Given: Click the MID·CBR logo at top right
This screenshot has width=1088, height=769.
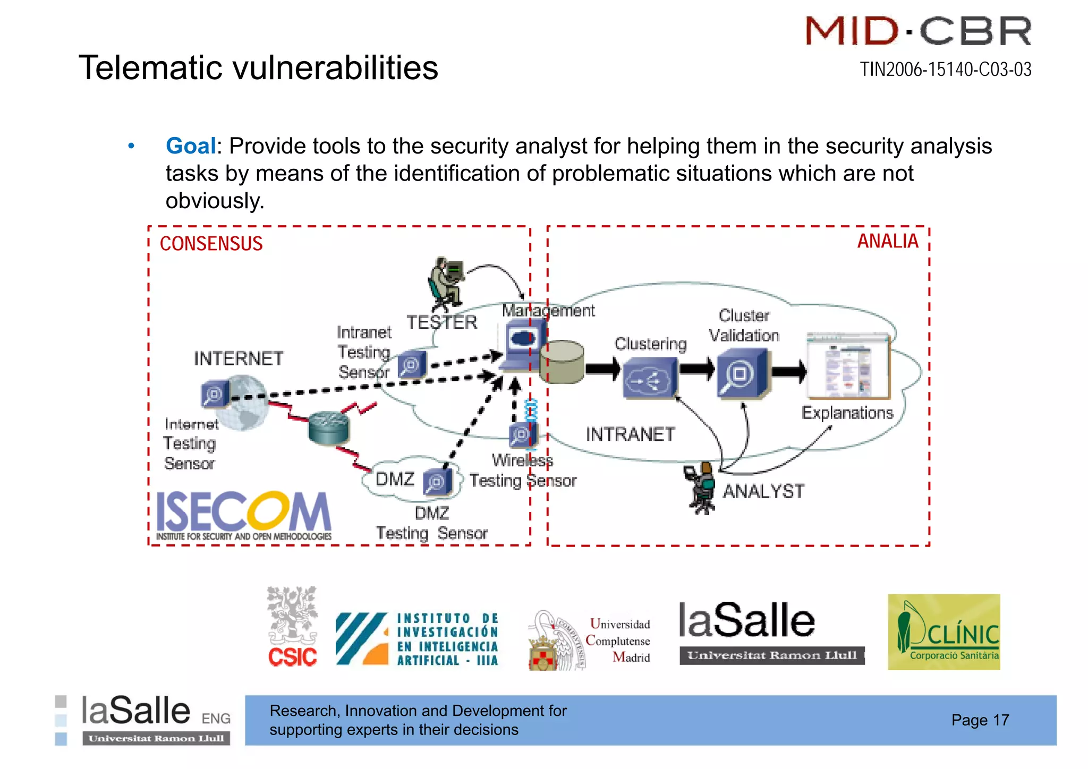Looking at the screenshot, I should click(x=919, y=31).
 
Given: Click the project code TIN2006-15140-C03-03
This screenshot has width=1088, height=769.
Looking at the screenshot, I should click(x=946, y=70).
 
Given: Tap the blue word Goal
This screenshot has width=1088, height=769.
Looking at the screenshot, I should click(x=190, y=146).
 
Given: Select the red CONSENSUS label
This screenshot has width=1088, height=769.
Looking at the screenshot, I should click(x=211, y=244).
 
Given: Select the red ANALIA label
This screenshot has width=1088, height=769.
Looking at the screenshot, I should click(x=888, y=241).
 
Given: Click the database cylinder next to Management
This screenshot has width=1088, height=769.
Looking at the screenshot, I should click(x=562, y=362).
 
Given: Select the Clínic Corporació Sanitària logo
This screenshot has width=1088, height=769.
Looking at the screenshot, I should click(x=943, y=632).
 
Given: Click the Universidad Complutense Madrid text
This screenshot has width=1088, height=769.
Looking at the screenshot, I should click(x=619, y=640).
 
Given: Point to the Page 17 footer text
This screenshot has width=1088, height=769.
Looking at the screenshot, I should click(x=980, y=720).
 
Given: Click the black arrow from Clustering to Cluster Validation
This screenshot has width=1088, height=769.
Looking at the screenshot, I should click(x=696, y=369).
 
